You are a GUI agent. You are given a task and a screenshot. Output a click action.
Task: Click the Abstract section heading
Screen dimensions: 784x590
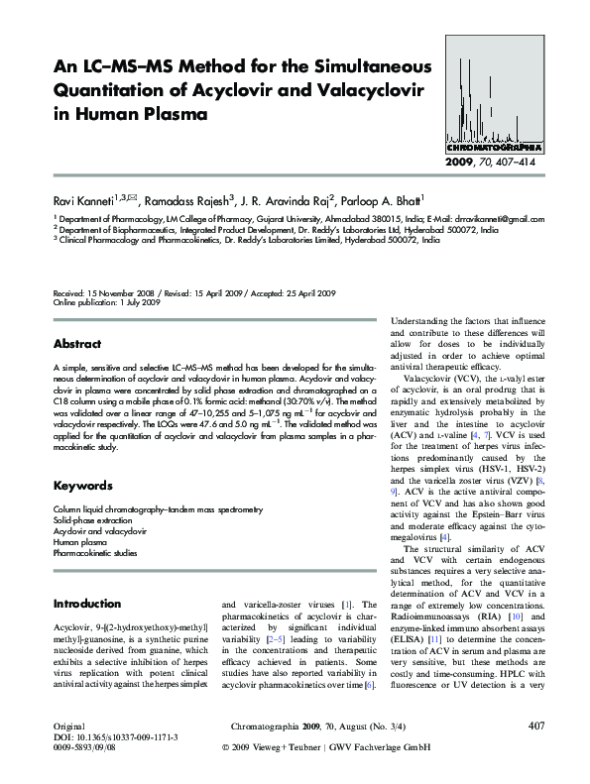[x=76, y=345]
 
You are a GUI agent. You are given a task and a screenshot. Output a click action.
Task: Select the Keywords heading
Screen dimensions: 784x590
[x=82, y=486]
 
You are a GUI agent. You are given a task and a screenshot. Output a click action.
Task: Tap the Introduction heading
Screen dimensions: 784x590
[x=86, y=604]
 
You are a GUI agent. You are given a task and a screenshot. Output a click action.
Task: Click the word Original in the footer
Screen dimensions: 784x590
[x=68, y=728]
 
